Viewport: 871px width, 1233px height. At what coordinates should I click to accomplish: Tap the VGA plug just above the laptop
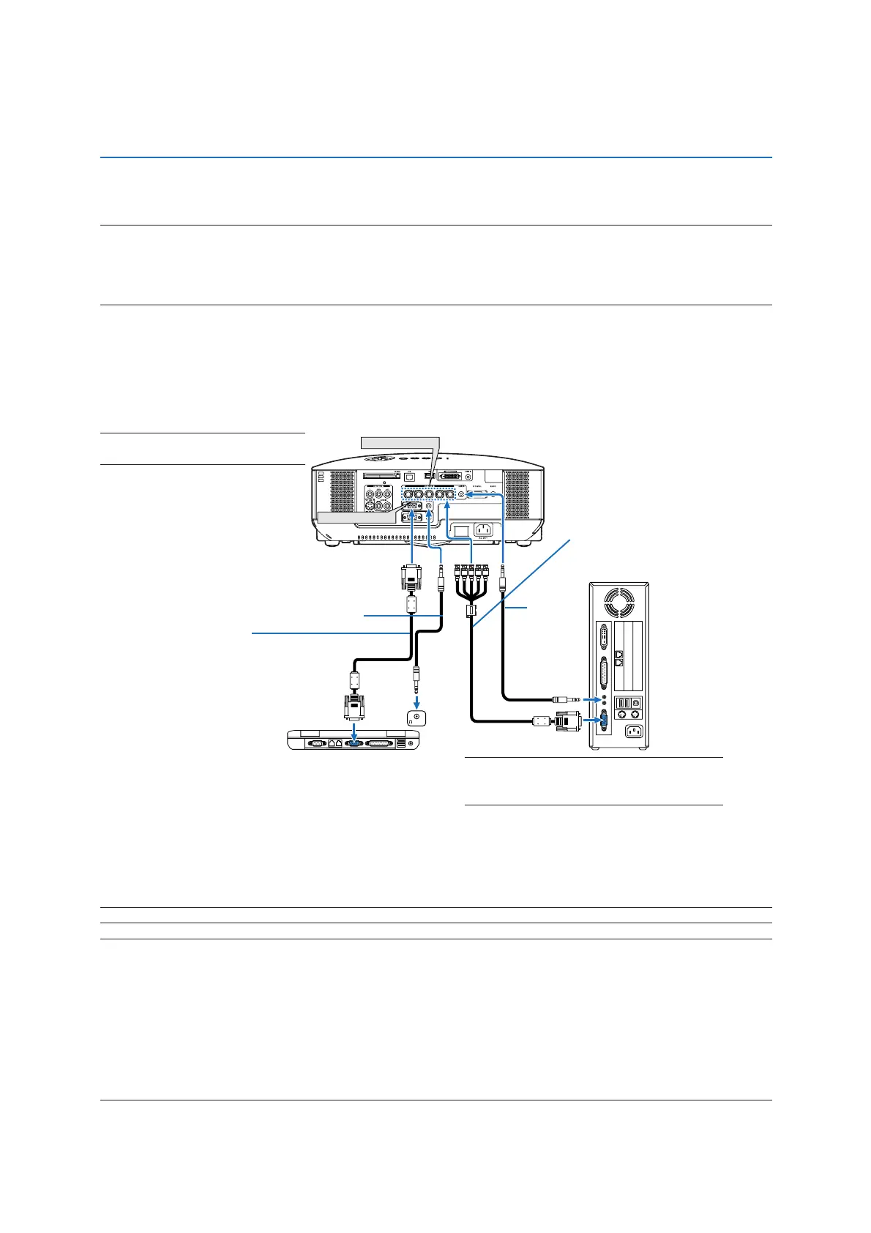[x=354, y=707]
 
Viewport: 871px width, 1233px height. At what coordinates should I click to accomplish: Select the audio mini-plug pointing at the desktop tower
[x=568, y=700]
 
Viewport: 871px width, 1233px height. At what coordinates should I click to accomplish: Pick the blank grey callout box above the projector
[x=400, y=442]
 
